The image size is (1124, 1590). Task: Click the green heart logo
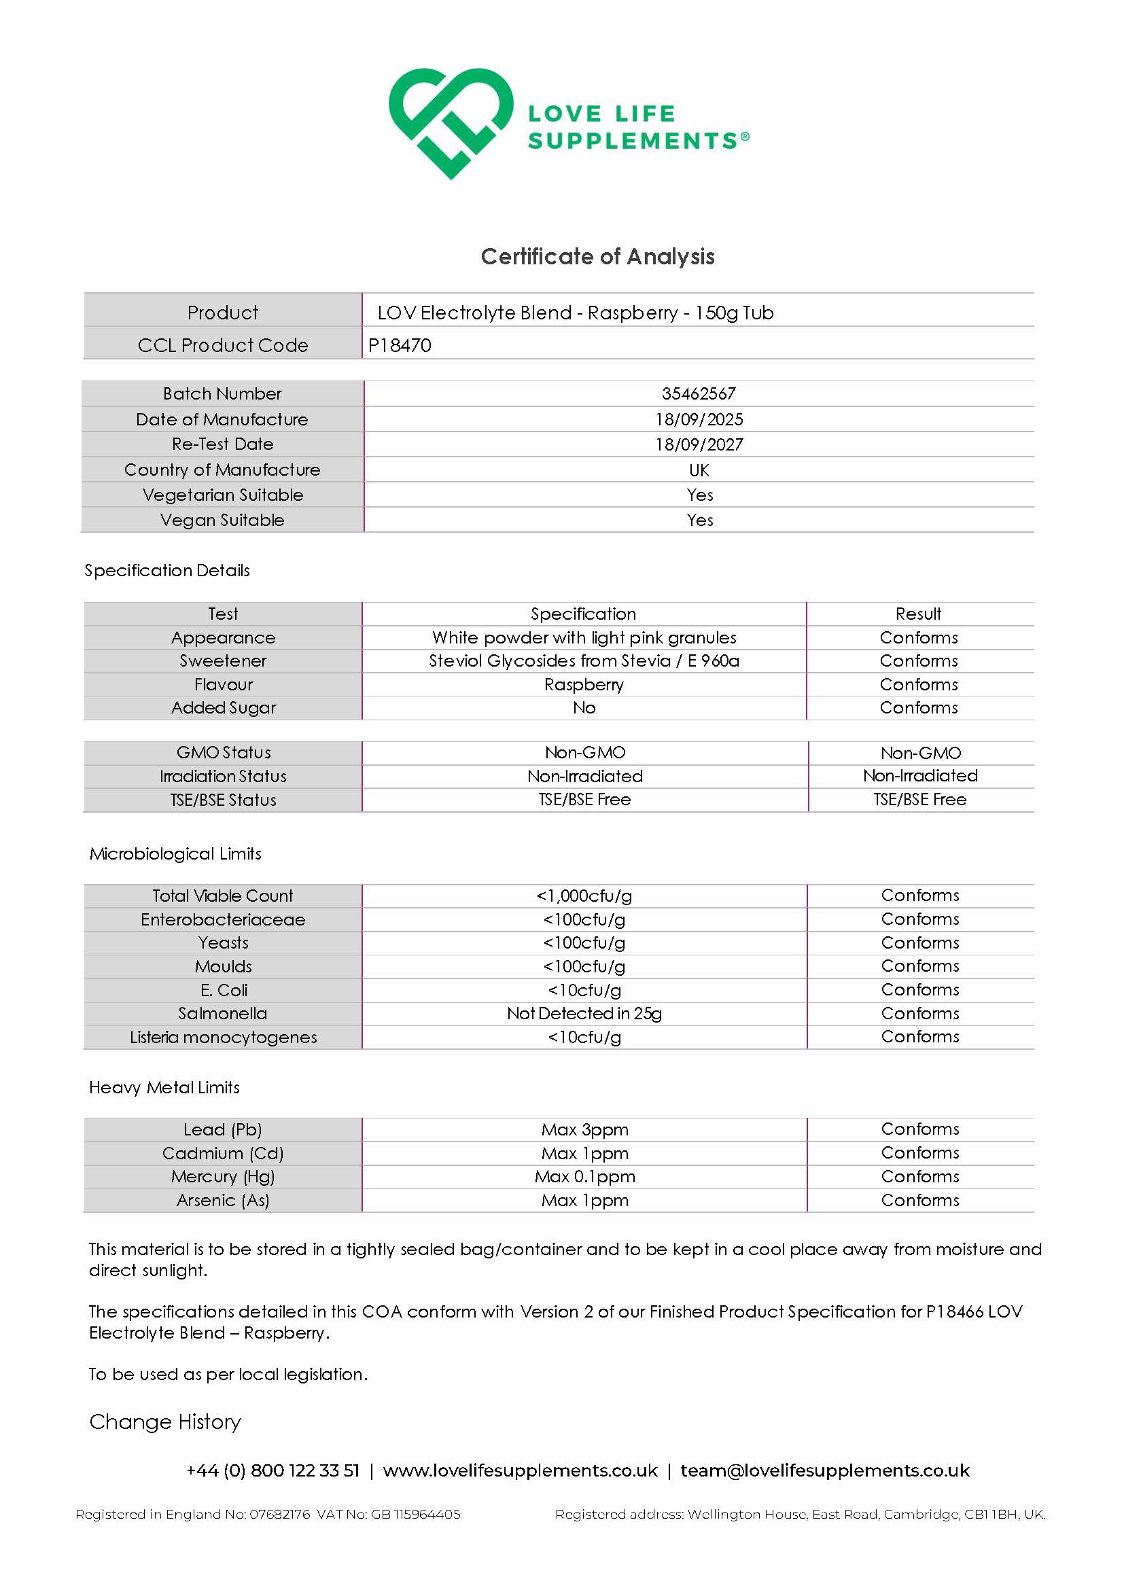(x=450, y=122)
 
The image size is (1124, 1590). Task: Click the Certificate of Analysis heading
(x=597, y=257)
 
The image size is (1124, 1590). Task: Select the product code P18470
(x=400, y=345)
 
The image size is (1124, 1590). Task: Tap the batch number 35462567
(x=698, y=393)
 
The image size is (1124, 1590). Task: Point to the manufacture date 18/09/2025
(x=699, y=419)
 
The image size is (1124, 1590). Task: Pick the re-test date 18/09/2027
(x=699, y=444)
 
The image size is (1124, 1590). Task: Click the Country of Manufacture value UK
(x=699, y=470)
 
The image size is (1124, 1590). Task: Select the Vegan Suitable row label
(x=222, y=520)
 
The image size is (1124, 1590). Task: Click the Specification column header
(x=583, y=614)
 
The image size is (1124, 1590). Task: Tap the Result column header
(x=918, y=614)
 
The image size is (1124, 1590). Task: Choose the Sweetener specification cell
(x=584, y=660)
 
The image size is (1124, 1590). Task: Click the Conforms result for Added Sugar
(x=918, y=708)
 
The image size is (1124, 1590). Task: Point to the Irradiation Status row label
(x=223, y=776)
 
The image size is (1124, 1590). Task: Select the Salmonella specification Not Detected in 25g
(x=584, y=1014)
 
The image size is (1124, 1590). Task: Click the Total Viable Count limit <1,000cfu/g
(x=584, y=896)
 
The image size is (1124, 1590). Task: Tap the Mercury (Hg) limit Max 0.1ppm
(x=584, y=1177)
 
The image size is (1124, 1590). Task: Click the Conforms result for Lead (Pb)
(x=919, y=1129)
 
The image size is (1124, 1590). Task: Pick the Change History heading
(x=165, y=1421)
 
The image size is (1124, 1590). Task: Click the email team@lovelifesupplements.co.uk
(x=825, y=1470)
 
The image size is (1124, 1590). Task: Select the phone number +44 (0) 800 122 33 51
(x=273, y=1470)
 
